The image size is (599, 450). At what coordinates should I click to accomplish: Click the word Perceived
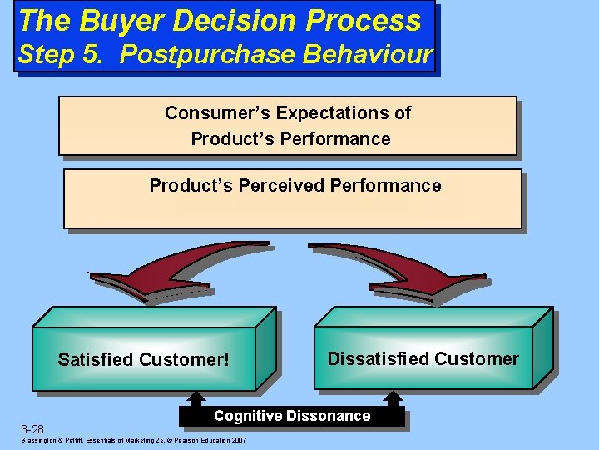(282, 185)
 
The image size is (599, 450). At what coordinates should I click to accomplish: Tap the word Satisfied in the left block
(95, 360)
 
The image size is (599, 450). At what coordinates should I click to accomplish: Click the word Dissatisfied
(377, 359)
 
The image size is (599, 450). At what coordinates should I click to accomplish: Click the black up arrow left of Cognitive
(196, 401)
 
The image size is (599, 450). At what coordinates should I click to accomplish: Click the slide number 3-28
(32, 429)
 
